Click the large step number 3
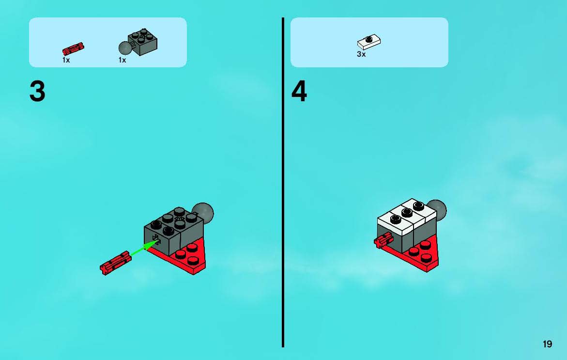37,91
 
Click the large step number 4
299,91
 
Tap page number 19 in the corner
547,344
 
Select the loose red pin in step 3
116,263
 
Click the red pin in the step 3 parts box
73,49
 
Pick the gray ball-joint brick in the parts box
138,42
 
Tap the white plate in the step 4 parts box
369,42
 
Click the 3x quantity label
361,54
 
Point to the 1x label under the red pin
66,60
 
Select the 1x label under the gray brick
122,60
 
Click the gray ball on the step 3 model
204,212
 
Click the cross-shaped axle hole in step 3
156,239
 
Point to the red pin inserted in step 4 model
383,240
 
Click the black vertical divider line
283,182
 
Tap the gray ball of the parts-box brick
125,48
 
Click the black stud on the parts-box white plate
369,39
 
